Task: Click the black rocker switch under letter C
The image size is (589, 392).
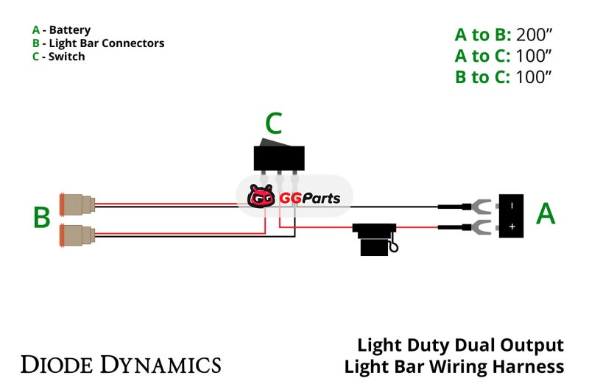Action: [x=278, y=156]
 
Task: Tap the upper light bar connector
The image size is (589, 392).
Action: [x=77, y=203]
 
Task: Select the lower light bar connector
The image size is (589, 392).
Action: [x=77, y=235]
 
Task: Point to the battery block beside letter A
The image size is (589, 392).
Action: [x=512, y=215]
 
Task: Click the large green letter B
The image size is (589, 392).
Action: [x=42, y=218]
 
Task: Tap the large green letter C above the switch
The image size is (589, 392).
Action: [x=274, y=124]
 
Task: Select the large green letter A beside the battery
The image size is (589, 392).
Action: [x=545, y=213]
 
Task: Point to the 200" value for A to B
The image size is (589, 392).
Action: [x=535, y=35]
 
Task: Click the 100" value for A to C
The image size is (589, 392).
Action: [x=535, y=55]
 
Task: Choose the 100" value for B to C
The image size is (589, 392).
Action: [x=535, y=76]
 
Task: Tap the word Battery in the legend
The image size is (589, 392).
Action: [x=70, y=30]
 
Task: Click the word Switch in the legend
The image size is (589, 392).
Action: [x=67, y=57]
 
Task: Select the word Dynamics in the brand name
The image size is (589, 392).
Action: [x=161, y=363]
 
